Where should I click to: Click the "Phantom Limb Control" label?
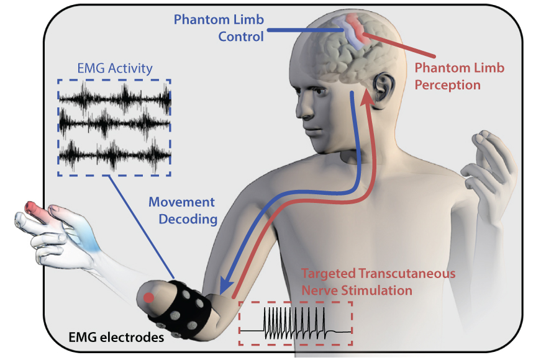[x=219, y=28]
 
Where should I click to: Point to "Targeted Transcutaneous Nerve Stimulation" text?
[x=378, y=281]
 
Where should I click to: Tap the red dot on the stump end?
[x=148, y=299]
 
